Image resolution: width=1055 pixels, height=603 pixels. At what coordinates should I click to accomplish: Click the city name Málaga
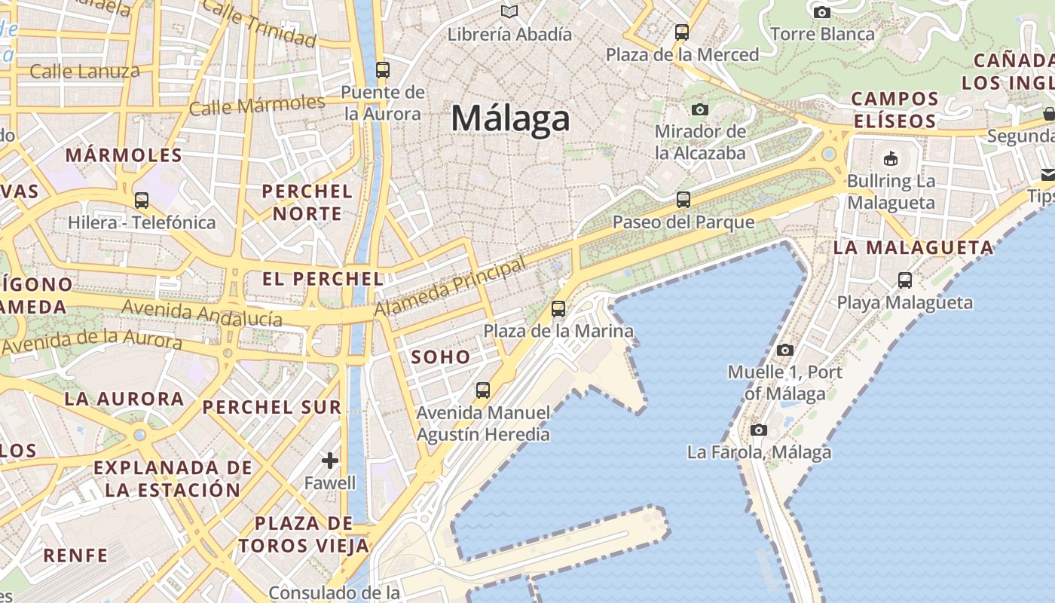pyautogui.click(x=510, y=119)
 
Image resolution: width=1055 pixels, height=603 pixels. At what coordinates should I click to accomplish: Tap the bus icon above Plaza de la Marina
pyautogui.click(x=558, y=309)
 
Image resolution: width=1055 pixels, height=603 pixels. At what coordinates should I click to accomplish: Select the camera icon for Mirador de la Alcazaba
pyautogui.click(x=700, y=109)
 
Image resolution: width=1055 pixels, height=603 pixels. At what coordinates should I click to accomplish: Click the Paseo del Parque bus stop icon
pyautogui.click(x=683, y=200)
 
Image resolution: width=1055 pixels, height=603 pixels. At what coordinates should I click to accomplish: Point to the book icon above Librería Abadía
pyautogui.click(x=509, y=12)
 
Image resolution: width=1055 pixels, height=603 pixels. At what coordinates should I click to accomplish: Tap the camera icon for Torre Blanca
pyautogui.click(x=822, y=12)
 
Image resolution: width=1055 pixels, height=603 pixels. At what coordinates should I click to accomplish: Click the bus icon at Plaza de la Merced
pyautogui.click(x=682, y=32)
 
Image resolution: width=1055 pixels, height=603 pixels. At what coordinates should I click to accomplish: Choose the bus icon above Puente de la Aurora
pyautogui.click(x=383, y=70)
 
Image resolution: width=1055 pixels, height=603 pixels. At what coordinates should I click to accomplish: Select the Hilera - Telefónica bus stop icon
pyautogui.click(x=142, y=200)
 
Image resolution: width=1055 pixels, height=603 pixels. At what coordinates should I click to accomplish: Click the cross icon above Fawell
pyautogui.click(x=330, y=460)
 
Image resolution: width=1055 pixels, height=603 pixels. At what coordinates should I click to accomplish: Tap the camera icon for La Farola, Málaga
pyautogui.click(x=759, y=430)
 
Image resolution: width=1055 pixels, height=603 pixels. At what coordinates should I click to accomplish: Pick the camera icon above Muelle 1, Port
pyautogui.click(x=785, y=350)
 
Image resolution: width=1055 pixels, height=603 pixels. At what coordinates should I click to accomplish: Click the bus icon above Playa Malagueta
pyautogui.click(x=905, y=280)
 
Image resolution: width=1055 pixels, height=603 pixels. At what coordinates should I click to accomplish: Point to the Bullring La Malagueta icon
pyautogui.click(x=891, y=158)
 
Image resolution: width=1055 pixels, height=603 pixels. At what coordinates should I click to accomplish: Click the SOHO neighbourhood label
pyautogui.click(x=441, y=357)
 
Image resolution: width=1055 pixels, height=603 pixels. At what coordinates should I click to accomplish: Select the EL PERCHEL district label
pyautogui.click(x=323, y=279)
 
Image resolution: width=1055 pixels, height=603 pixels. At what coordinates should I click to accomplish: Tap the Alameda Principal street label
pyautogui.click(x=450, y=288)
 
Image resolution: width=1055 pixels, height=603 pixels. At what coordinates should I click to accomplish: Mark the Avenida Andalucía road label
pyautogui.click(x=202, y=313)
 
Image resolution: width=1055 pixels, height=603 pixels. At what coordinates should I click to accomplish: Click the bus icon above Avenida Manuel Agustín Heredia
pyautogui.click(x=483, y=390)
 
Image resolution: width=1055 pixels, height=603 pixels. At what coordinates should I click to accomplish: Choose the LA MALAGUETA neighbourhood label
pyautogui.click(x=913, y=247)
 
